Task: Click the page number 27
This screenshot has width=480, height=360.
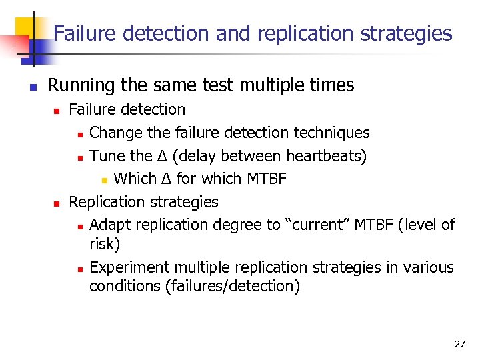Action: [459, 344]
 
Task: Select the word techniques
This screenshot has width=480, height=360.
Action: [331, 133]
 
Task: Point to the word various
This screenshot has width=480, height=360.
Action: [428, 267]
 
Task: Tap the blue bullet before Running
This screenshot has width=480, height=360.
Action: [31, 87]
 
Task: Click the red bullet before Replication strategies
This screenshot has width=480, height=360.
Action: [57, 203]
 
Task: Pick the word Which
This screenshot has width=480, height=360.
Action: [135, 179]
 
